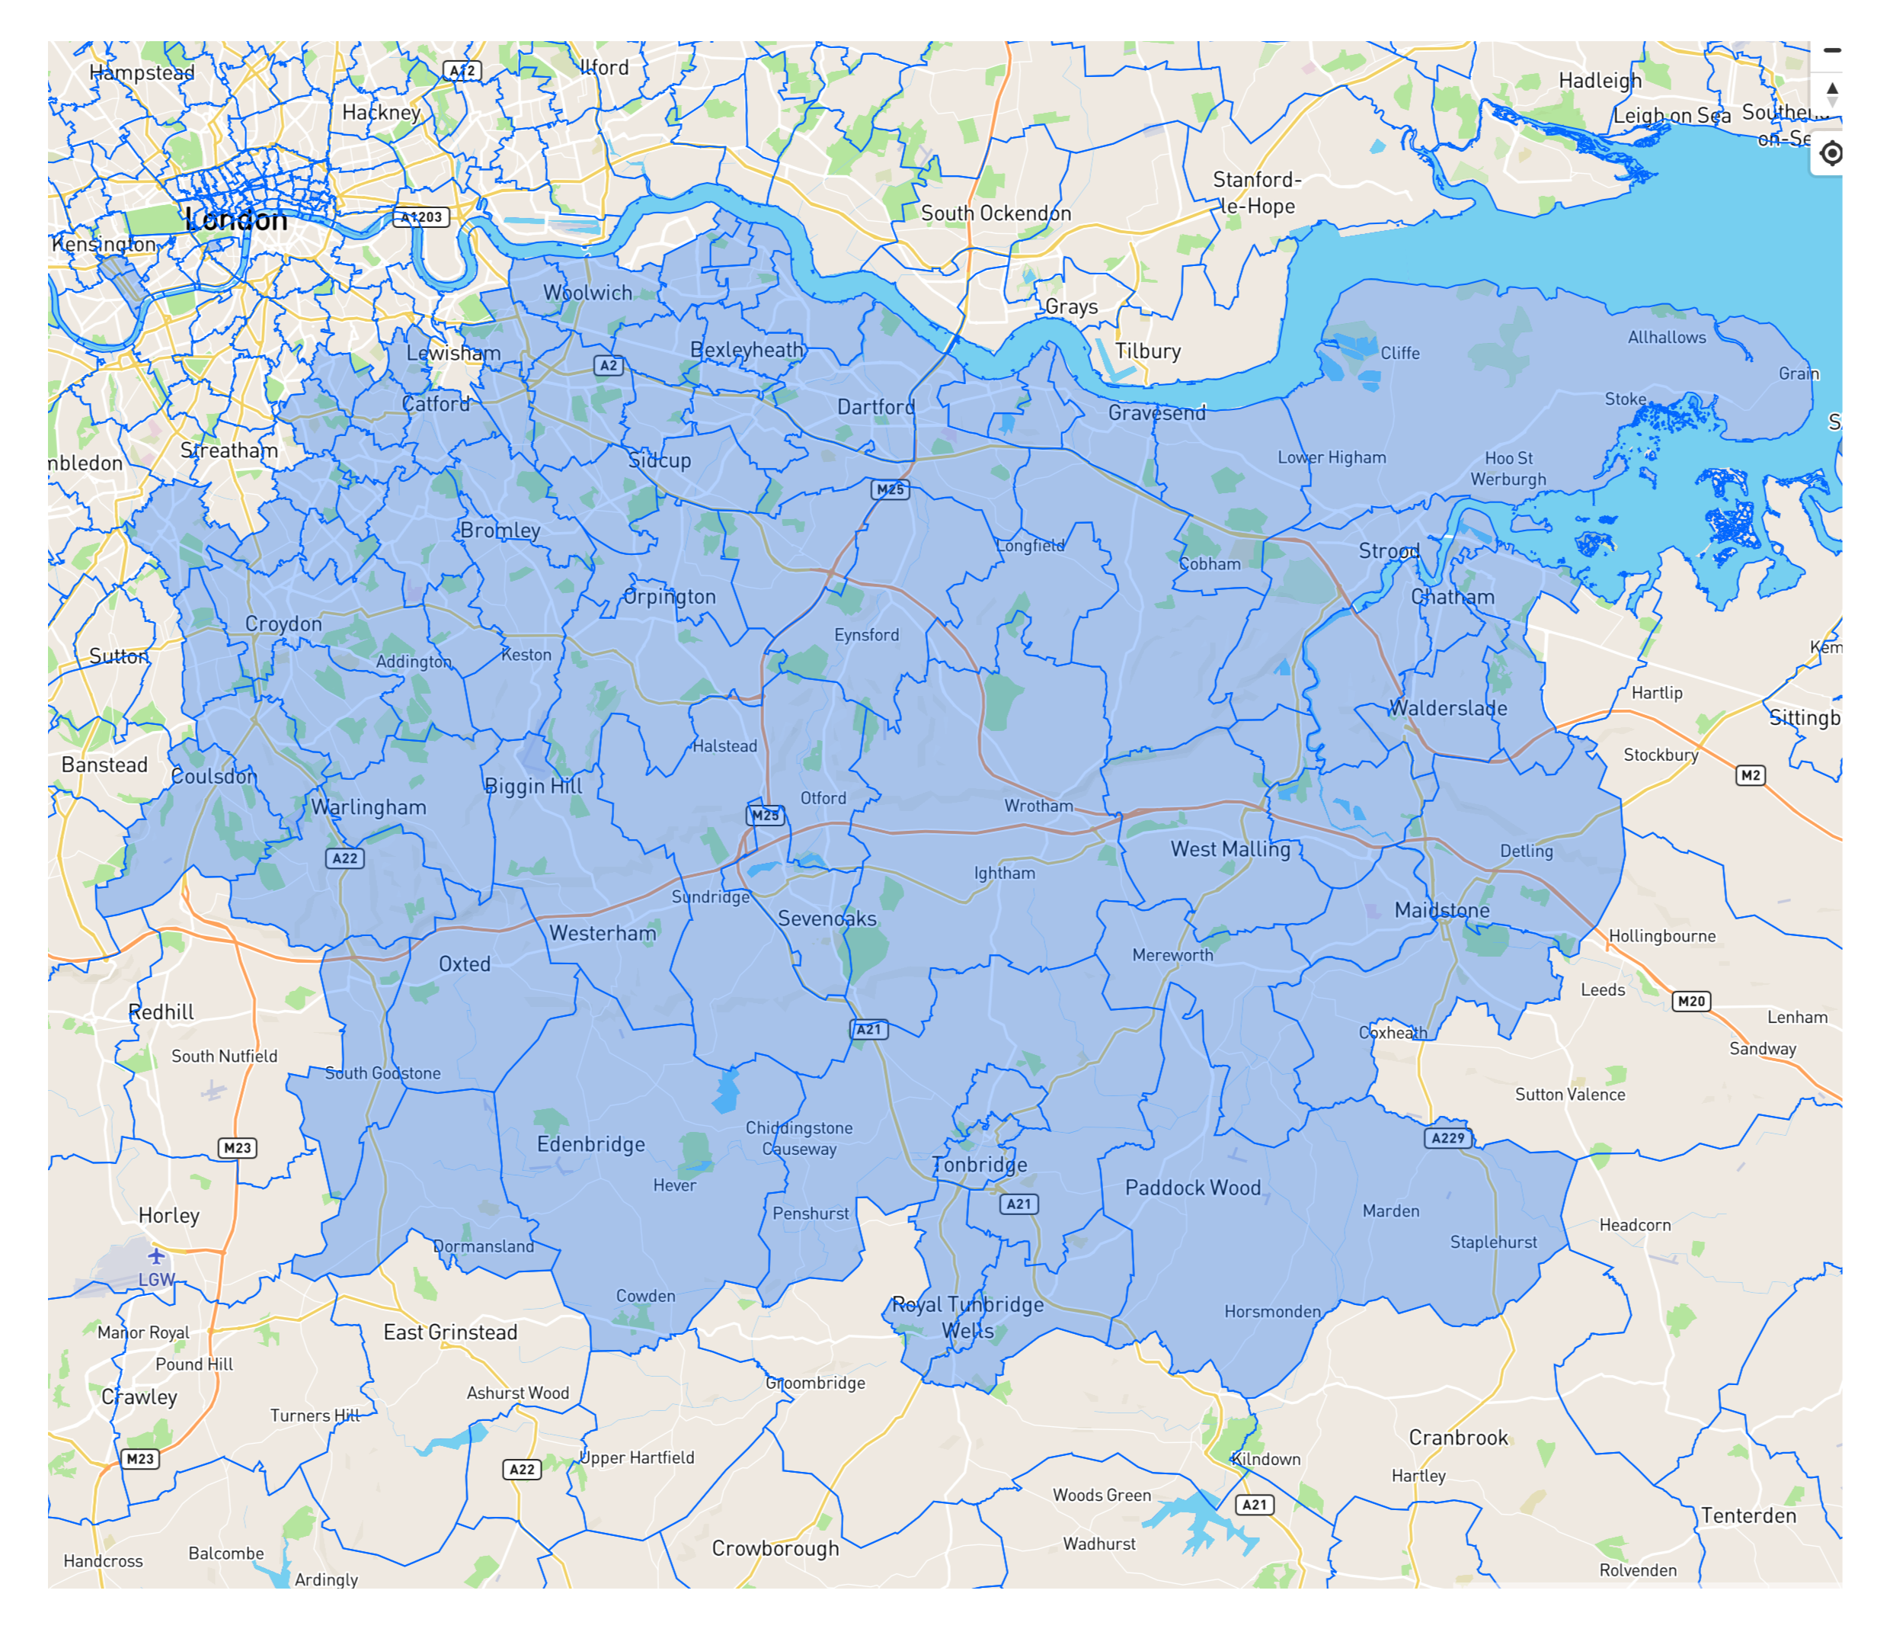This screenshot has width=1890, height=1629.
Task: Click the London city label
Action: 236,220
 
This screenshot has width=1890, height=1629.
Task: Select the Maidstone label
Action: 1441,910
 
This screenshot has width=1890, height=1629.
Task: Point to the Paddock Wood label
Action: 1192,1188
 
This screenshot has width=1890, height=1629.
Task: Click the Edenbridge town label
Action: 590,1144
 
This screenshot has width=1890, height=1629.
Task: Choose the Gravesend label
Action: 1156,412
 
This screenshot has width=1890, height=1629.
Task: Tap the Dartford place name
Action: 875,407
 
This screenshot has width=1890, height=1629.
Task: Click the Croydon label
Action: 283,624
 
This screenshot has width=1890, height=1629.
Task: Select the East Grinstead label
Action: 449,1332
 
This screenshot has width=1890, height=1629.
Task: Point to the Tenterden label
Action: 1748,1516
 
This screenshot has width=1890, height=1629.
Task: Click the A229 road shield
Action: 1447,1138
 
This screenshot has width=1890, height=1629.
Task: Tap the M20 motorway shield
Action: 1690,1001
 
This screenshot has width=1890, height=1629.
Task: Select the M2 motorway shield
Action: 1750,776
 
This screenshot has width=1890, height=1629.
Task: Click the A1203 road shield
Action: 421,217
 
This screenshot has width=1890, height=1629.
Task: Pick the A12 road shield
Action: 462,70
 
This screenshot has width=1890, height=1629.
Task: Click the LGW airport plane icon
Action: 156,1257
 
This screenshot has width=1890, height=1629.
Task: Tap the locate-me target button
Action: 1830,153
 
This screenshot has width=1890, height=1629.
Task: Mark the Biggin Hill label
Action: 532,786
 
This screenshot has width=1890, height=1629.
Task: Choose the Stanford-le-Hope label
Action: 1257,193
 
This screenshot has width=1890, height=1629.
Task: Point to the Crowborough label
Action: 775,1549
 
